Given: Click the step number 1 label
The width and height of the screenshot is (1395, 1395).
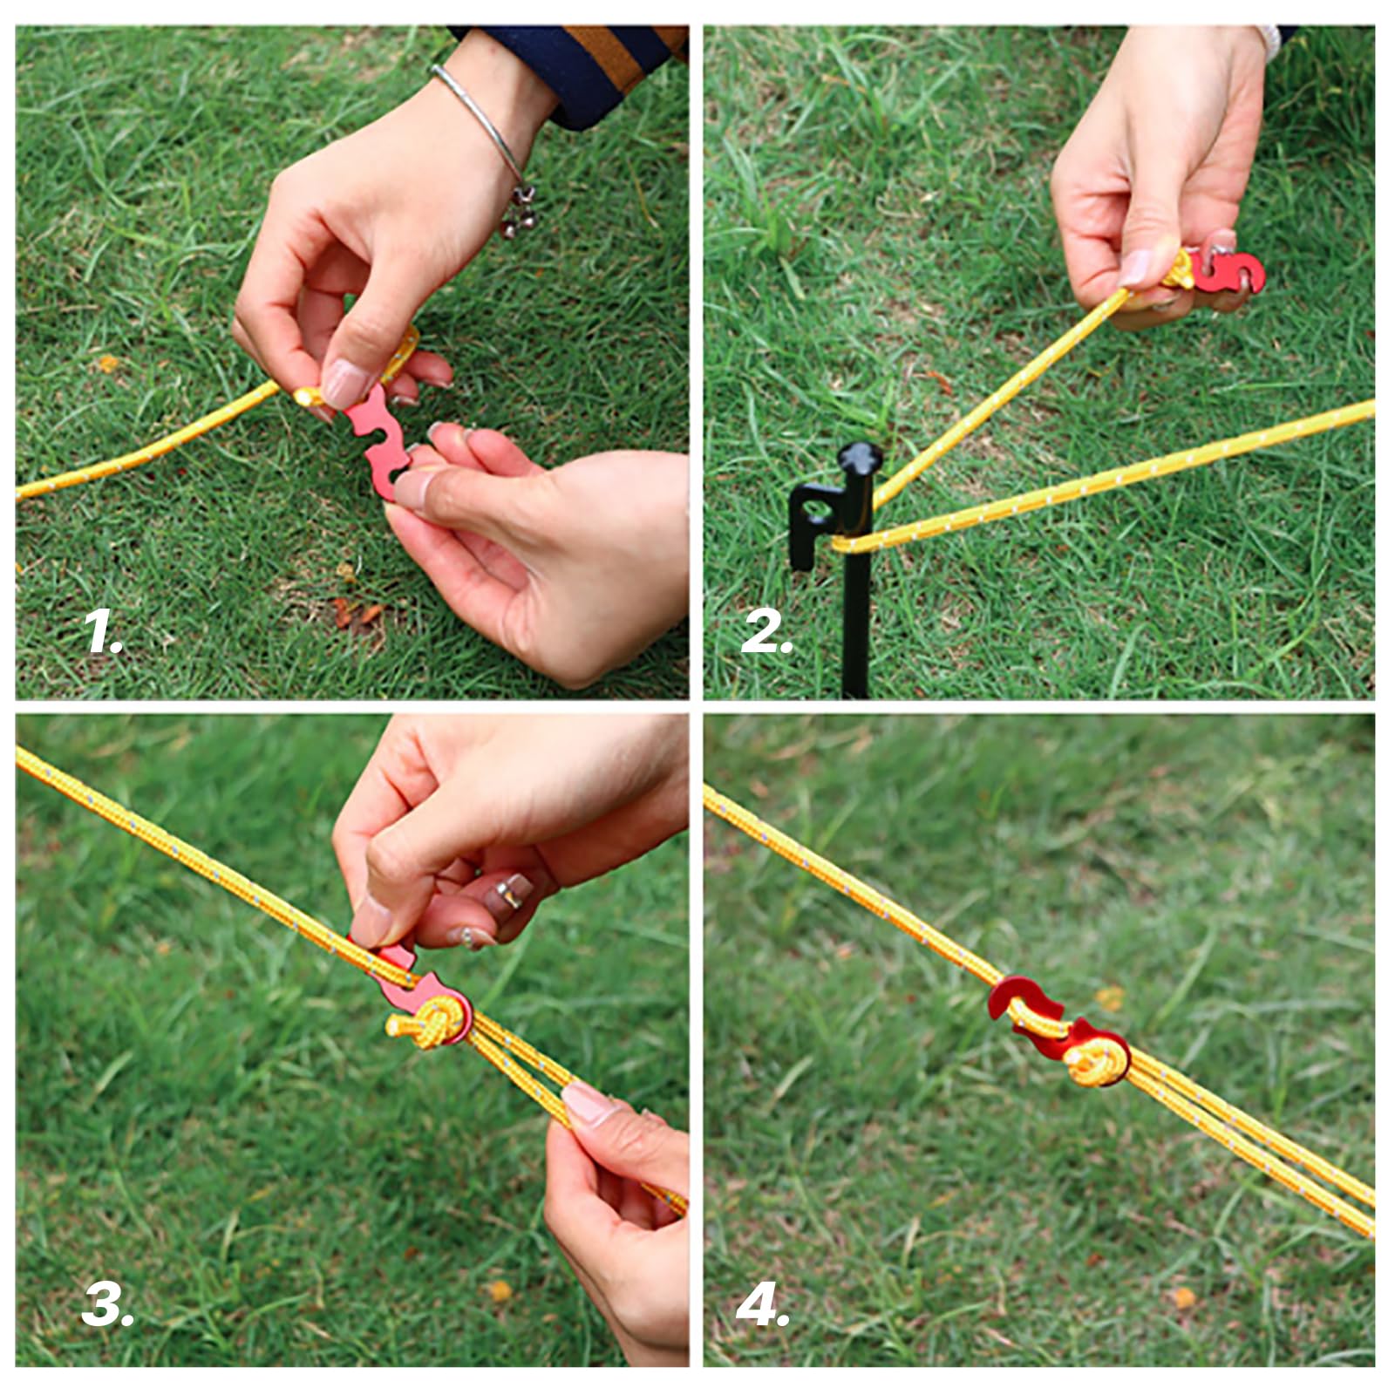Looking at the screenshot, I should pos(103,633).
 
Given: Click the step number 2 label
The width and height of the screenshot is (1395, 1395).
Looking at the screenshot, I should pos(766,633).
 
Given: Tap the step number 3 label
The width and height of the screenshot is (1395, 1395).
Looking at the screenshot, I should pos(106,1305).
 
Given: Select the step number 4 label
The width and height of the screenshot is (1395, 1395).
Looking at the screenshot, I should pos(762,1305).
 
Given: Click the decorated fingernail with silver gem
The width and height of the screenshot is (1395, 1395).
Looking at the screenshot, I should pos(510,892).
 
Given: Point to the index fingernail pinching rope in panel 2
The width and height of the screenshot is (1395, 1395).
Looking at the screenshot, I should pos(1136,269).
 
